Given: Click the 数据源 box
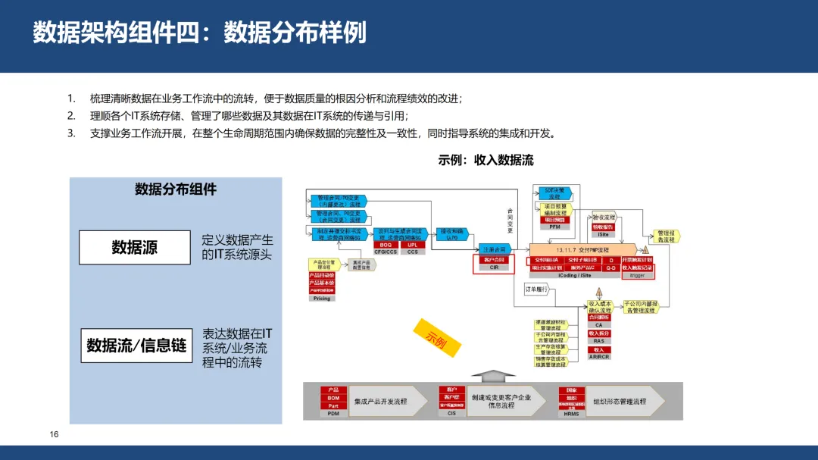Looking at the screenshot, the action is (135, 247).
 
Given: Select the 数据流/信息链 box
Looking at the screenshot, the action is (136, 346).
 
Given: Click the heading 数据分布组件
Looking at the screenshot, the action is (176, 189).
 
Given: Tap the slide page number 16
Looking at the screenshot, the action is (54, 434).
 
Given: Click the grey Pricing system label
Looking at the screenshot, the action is (322, 299).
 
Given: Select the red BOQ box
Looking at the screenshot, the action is (386, 245).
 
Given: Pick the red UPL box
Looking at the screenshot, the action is (413, 245).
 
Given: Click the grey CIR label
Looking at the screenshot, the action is (494, 268).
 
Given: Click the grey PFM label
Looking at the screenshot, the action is (554, 227).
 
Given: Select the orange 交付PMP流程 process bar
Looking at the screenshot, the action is (582, 249).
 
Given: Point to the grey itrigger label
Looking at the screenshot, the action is (636, 276).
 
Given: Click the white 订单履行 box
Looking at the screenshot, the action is (535, 289).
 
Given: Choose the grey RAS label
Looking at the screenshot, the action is (599, 341).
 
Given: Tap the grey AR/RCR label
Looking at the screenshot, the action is (599, 356).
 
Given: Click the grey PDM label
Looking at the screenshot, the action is (333, 414).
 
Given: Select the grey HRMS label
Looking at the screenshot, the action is (571, 414).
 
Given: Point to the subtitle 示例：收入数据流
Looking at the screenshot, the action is (485, 160).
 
